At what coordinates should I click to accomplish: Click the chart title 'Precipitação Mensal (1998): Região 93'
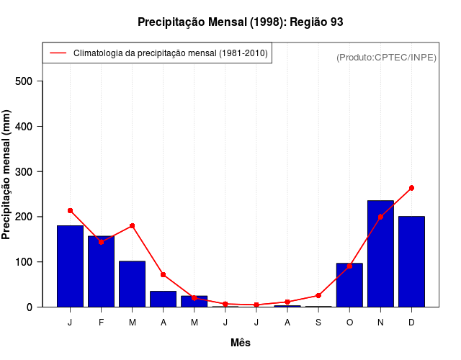240,22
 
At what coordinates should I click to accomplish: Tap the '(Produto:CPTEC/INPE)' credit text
386,57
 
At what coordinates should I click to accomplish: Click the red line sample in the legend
58,53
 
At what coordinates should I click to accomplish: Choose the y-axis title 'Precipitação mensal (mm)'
8,180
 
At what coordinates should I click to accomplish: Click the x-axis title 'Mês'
241,343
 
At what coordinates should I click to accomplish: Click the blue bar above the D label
411,261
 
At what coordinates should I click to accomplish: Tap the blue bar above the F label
101,271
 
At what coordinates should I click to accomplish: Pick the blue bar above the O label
349,285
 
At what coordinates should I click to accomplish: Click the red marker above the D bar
411,188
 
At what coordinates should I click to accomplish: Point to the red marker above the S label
318,295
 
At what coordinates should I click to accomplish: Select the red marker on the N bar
380,217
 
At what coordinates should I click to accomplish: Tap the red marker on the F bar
101,242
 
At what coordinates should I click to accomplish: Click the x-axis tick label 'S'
318,323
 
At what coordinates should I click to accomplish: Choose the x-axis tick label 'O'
349,323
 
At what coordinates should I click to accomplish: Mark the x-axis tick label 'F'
101,323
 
